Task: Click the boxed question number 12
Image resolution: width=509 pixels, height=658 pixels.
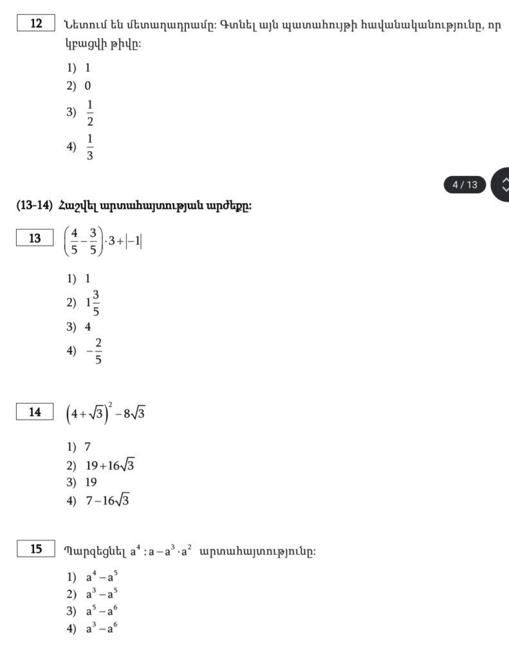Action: coord(36,24)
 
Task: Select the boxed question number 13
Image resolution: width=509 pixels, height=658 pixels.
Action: coord(35,238)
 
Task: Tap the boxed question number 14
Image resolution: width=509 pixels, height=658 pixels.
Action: coord(35,412)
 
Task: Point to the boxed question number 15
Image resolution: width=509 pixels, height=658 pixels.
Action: coord(36,549)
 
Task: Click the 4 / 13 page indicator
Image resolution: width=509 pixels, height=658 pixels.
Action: coord(465,185)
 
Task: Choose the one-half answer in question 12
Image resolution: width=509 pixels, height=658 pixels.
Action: coord(89,113)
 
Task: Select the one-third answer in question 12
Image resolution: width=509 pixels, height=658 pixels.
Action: coord(89,147)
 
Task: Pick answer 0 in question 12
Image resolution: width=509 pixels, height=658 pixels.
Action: coord(88,85)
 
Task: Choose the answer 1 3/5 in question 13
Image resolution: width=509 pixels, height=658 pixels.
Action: coord(93,303)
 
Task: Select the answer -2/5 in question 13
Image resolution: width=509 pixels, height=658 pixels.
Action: coord(95,351)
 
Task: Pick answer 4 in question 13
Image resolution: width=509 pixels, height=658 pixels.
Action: coord(88,326)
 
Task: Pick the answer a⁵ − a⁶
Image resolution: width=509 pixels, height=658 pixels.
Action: coord(102,612)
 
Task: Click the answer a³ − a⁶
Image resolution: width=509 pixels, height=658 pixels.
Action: coord(102,629)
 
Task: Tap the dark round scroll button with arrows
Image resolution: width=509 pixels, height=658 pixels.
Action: coord(501,184)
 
